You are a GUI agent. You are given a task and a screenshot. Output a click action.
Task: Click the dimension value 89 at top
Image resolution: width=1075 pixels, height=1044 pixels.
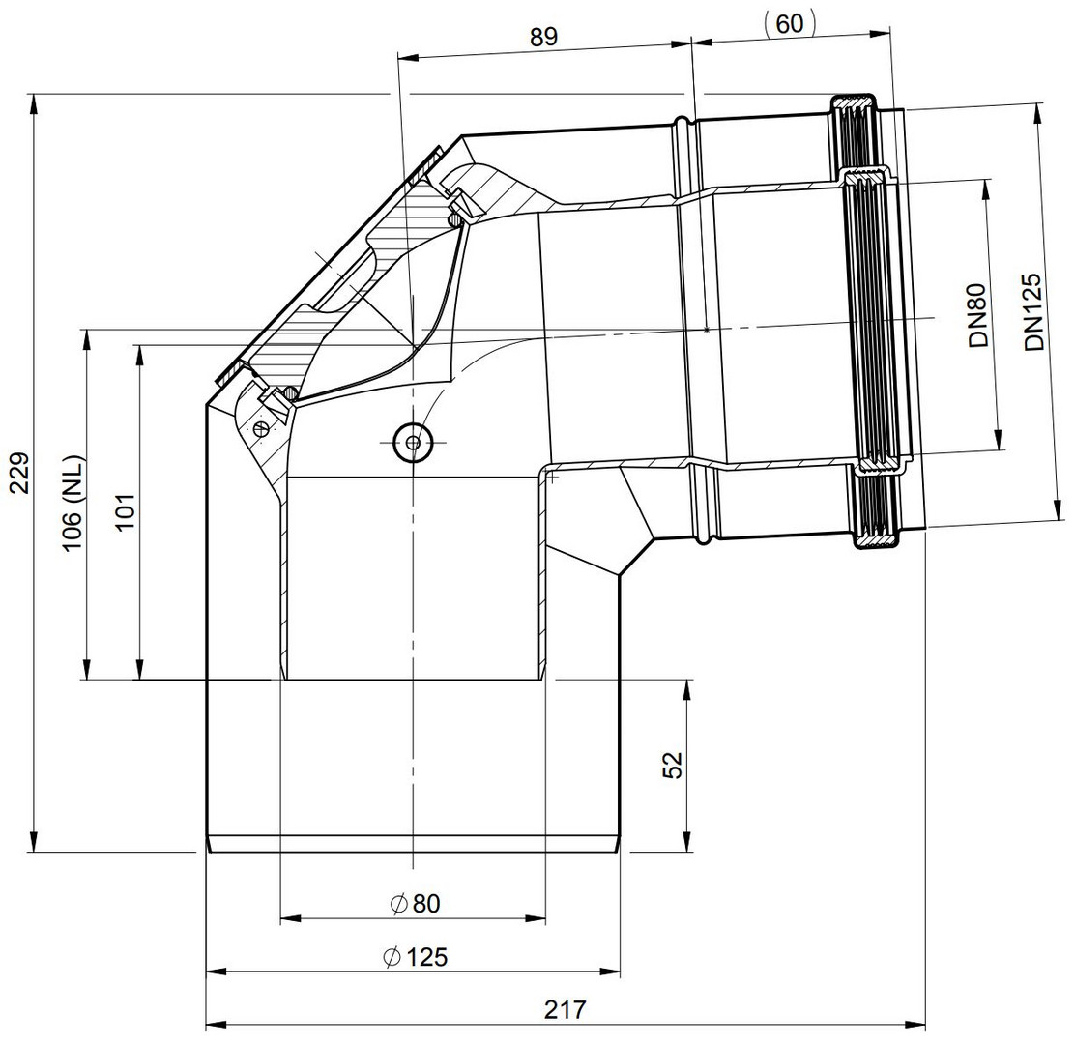point(543,37)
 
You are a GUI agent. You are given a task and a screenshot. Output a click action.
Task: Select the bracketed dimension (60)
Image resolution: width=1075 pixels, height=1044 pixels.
point(789,23)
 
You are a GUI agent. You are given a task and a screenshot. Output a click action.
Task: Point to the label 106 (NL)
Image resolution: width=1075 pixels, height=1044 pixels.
point(73,504)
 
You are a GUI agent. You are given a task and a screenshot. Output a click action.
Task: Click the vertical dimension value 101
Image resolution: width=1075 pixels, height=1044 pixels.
point(126,510)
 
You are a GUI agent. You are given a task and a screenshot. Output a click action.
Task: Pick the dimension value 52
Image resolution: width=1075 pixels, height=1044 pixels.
point(673,765)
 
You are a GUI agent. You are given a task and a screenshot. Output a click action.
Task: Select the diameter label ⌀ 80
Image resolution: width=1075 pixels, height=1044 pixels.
point(415,904)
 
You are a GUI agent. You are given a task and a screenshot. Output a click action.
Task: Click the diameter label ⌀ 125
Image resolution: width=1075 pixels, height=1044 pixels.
point(415,956)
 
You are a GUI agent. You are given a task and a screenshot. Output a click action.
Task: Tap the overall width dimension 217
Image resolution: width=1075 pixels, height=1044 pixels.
point(566,1009)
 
